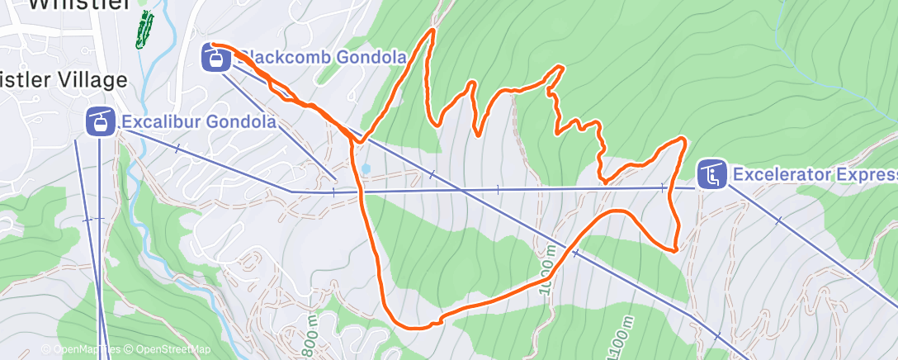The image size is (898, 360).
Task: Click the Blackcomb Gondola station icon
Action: [215, 59]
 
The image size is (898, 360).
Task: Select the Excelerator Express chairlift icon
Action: [711, 174]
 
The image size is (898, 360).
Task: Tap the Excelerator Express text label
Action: [813, 174]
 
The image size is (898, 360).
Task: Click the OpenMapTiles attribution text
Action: [81, 349]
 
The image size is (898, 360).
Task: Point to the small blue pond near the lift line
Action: [366, 168]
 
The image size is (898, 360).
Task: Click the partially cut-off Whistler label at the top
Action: [79, 4]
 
